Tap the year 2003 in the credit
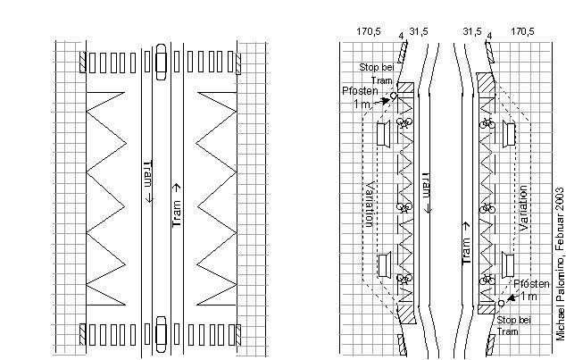coord(559,200)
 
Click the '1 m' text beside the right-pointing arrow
coord(361,105)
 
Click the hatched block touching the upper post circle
coord(404,88)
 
